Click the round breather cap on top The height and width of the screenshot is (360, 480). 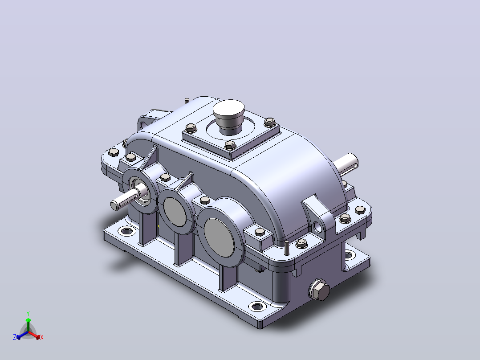tap(229, 116)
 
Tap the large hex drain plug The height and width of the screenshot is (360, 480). tap(320, 290)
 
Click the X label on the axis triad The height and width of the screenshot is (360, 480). tap(42, 337)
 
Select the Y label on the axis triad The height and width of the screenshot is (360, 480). tap(28, 314)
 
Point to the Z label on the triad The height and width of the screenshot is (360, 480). tap(15, 337)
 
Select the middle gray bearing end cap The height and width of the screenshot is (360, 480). tap(175, 212)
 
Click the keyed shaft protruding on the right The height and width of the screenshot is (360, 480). tap(346, 164)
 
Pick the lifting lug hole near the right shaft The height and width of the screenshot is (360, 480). tap(318, 227)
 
